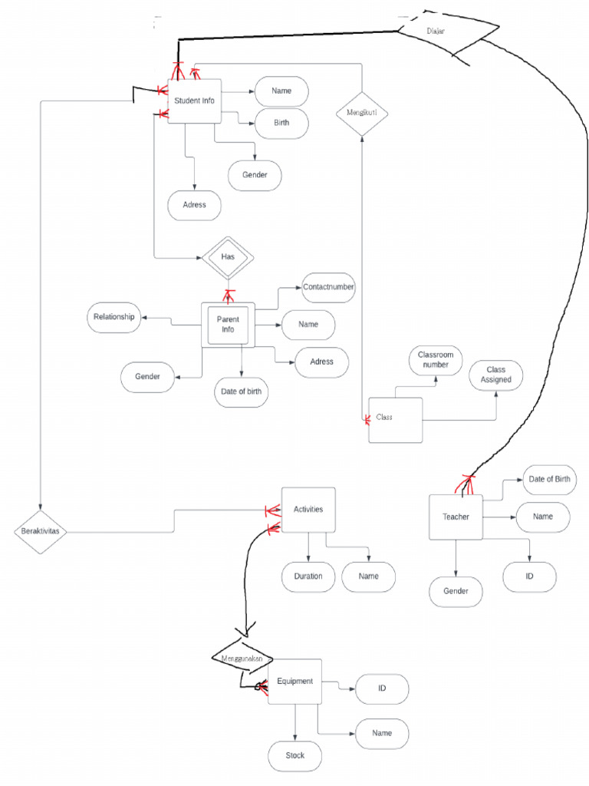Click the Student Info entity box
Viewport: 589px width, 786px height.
click(x=194, y=101)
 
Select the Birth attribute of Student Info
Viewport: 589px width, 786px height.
click(x=281, y=123)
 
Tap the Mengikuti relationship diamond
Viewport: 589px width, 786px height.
click(x=362, y=113)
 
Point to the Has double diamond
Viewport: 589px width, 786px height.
click(x=228, y=256)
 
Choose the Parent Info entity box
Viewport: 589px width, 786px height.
click(x=228, y=324)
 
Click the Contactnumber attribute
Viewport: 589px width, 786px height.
click(x=328, y=287)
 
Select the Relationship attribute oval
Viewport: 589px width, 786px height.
click(x=114, y=317)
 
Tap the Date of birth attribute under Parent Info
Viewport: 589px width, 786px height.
click(x=241, y=391)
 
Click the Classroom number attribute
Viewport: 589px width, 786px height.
click(x=435, y=360)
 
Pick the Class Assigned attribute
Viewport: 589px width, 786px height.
click(x=496, y=375)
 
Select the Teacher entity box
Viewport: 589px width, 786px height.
click(x=456, y=517)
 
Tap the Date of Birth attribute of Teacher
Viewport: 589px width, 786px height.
click(x=549, y=480)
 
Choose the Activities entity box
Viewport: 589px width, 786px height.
click(x=308, y=510)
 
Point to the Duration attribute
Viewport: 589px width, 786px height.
click(x=308, y=576)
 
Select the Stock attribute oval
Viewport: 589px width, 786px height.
click(x=295, y=755)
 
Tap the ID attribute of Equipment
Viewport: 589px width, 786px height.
click(x=382, y=689)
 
